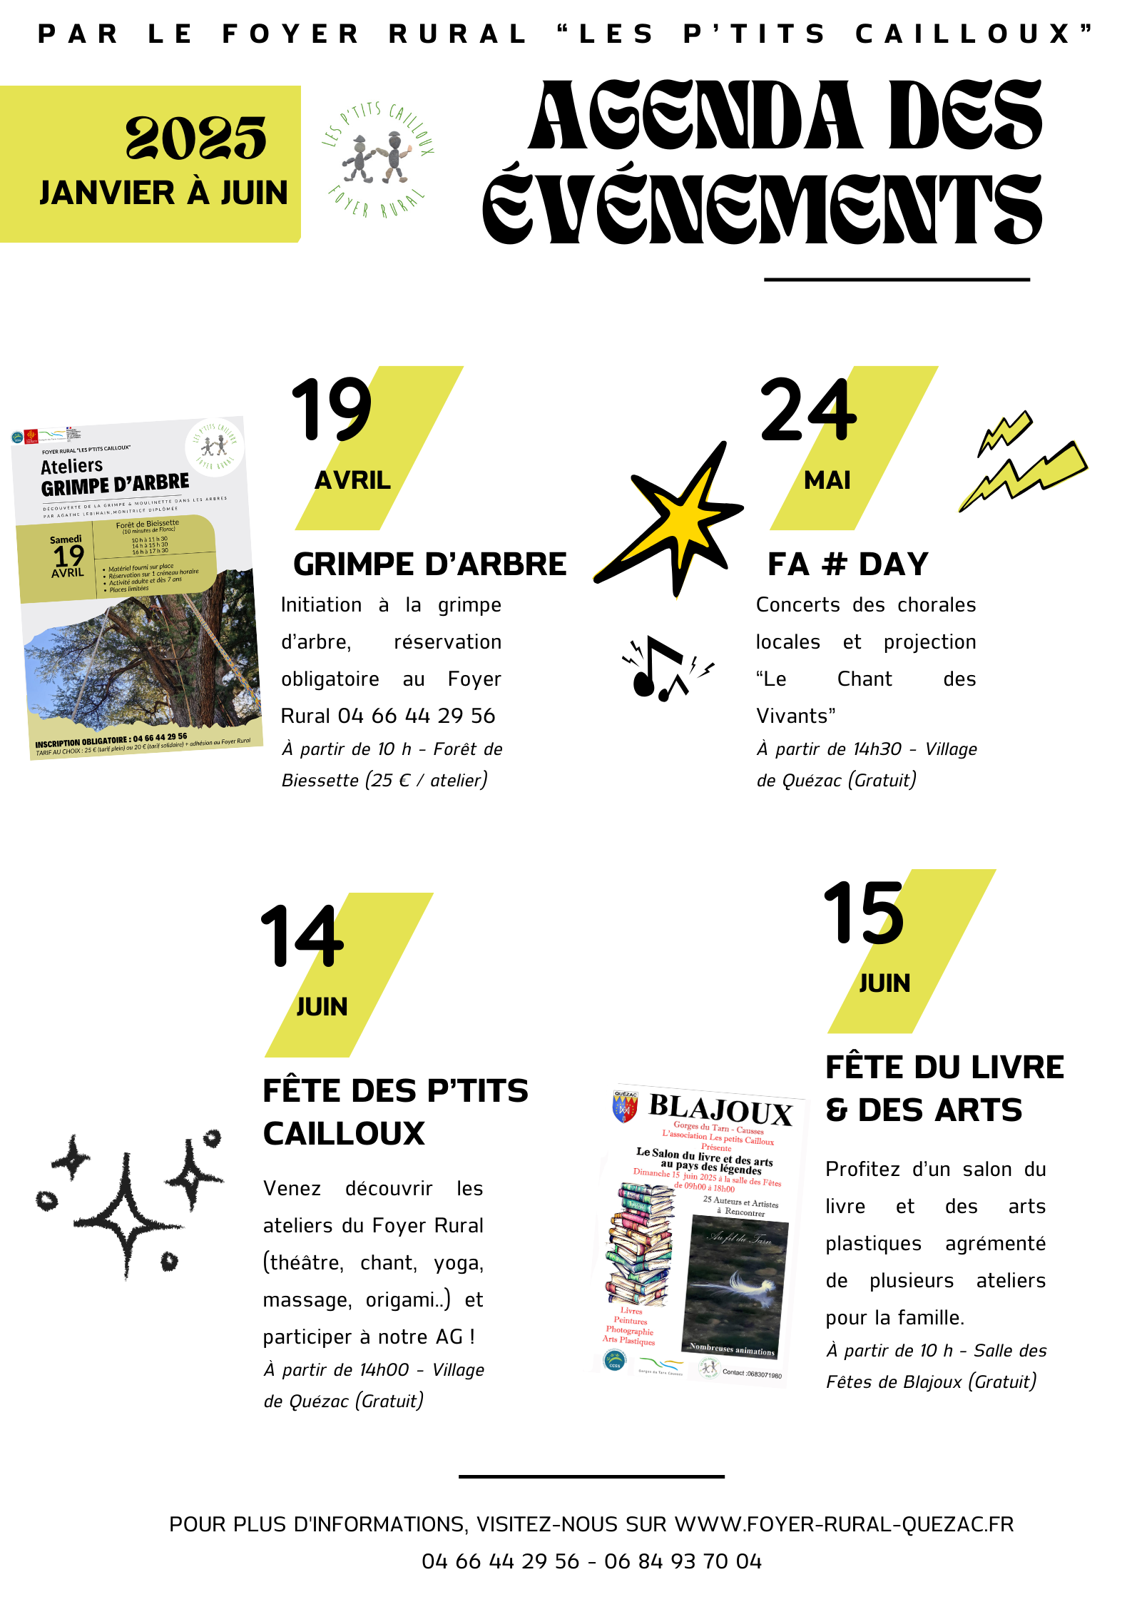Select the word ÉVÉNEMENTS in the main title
pyautogui.click(x=762, y=209)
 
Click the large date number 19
pyautogui.click(x=332, y=410)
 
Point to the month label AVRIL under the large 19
pyautogui.click(x=352, y=480)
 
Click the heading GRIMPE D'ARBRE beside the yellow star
pyautogui.click(x=429, y=564)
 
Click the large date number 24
pyautogui.click(x=808, y=410)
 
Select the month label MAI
pyautogui.click(x=827, y=480)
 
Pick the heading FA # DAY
pyautogui.click(x=848, y=564)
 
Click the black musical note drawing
pyautogui.click(x=660, y=669)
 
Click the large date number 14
pyautogui.click(x=302, y=936)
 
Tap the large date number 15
pyautogui.click(x=864, y=913)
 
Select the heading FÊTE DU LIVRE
pyautogui.click(x=944, y=1068)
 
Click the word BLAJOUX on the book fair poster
pyautogui.click(x=720, y=1110)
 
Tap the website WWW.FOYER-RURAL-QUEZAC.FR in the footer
pyautogui.click(x=844, y=1524)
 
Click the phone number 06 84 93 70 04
pyautogui.click(x=683, y=1561)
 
